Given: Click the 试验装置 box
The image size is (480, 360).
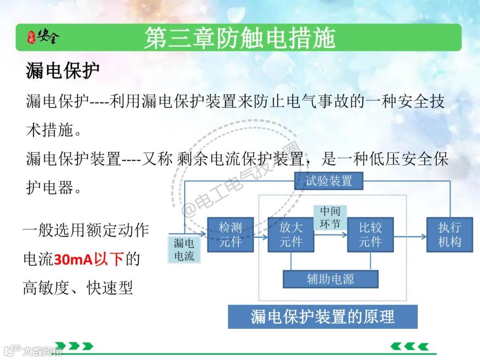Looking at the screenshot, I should pos(328,181).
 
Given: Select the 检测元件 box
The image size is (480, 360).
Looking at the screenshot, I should pos(230,235).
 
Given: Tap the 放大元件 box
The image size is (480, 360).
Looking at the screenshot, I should pos(291,235).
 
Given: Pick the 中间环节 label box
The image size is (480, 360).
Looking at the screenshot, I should pos(330,217).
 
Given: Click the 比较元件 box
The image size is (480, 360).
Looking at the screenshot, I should pos(370,235).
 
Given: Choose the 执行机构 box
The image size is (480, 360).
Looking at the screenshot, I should pos(449,235).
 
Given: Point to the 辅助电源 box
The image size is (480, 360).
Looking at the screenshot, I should pos(330,279).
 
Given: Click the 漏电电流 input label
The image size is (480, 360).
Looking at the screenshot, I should pos(184,249).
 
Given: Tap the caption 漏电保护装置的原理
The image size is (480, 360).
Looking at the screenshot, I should pos(323,317).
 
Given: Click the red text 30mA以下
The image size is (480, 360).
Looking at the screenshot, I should pos(89,259).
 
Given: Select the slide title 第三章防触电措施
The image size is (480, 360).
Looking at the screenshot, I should pos(240,38).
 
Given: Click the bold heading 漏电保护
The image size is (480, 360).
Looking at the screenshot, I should pos(63,71).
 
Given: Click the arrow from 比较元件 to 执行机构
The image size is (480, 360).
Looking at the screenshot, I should pos(409,237).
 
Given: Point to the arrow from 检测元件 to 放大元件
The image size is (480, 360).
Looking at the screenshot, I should pos(261,237).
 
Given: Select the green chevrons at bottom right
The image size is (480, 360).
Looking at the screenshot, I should pos(409,346).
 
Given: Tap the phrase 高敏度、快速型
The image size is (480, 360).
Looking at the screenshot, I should pos(78,288).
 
